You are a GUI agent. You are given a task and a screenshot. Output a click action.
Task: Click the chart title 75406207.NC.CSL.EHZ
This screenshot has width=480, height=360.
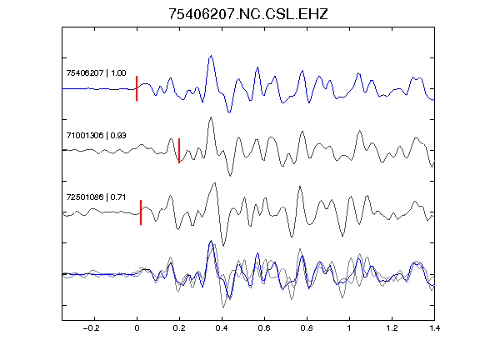pyautogui.click(x=248, y=14)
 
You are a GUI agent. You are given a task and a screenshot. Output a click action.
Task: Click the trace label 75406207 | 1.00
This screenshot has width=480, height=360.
pyautogui.click(x=96, y=72)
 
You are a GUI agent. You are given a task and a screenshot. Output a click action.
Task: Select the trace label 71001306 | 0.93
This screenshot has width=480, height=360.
pyautogui.click(x=96, y=135)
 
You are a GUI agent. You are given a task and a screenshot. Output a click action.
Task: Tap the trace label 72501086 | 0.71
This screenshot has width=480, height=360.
pyautogui.click(x=96, y=197)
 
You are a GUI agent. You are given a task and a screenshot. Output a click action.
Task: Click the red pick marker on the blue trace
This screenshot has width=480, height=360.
pyautogui.click(x=137, y=88)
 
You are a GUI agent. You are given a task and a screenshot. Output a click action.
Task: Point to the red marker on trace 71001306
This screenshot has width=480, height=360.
pyautogui.click(x=179, y=151)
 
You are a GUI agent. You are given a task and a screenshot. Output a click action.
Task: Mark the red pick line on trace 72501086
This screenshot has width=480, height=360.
pyautogui.click(x=141, y=212)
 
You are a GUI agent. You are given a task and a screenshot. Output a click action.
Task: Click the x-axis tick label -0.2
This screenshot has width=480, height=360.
pyautogui.click(x=91, y=328)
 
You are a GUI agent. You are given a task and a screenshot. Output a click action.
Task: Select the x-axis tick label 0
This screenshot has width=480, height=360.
pyautogui.click(x=137, y=328)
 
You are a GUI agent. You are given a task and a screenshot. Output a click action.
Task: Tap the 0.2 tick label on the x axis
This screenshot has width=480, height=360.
pyautogui.click(x=179, y=328)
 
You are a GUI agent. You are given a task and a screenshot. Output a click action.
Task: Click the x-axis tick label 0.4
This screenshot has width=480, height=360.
pyautogui.click(x=222, y=328)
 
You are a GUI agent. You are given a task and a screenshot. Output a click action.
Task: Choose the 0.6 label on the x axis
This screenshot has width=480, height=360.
pyautogui.click(x=264, y=328)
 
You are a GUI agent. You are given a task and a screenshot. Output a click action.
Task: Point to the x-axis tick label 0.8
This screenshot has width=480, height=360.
pyautogui.click(x=307, y=328)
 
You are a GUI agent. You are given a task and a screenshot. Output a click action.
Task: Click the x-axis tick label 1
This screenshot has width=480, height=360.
pyautogui.click(x=349, y=328)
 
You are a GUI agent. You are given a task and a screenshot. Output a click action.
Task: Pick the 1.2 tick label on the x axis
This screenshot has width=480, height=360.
pyautogui.click(x=392, y=328)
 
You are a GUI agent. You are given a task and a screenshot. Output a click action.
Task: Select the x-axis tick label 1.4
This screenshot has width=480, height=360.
pyautogui.click(x=434, y=328)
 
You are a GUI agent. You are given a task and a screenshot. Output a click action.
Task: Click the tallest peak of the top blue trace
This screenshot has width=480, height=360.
pyautogui.click(x=211, y=56)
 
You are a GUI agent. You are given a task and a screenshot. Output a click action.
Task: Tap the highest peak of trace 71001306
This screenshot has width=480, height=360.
pyautogui.click(x=211, y=117)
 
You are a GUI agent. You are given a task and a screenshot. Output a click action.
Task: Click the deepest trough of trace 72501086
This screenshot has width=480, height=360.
pyautogui.click(x=223, y=245)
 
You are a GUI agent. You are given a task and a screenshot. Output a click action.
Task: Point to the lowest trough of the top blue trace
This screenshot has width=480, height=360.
pyautogui.click(x=229, y=112)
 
